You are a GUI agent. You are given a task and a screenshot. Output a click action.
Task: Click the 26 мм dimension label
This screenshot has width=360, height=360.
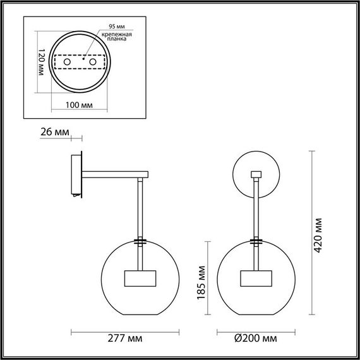55,132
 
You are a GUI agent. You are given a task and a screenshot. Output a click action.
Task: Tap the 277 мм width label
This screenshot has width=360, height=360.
125,338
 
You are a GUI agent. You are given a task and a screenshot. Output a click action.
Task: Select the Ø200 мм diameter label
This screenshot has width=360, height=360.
256,338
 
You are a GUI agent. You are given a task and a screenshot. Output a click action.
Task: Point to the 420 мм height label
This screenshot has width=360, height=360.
318,235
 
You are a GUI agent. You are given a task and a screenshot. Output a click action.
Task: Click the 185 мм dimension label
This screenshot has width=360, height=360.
201,282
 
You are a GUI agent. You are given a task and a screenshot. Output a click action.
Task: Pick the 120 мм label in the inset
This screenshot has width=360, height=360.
41,62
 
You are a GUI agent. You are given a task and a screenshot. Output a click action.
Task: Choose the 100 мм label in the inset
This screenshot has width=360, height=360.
79,105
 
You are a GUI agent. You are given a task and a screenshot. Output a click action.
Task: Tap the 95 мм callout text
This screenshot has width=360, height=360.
117,27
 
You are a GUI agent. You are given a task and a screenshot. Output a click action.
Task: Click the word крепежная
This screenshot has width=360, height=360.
117,35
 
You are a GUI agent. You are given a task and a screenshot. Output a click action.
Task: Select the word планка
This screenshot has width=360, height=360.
117,39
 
